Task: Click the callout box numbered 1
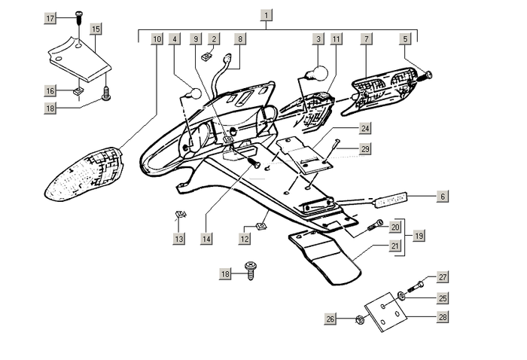[267, 14]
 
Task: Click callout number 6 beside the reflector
[443, 196]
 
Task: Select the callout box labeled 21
[395, 246]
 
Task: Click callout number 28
[443, 318]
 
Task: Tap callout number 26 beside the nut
[330, 319]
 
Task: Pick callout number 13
[178, 239]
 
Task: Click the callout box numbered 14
[205, 239]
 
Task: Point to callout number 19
[419, 236]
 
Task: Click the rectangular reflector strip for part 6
[391, 199]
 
